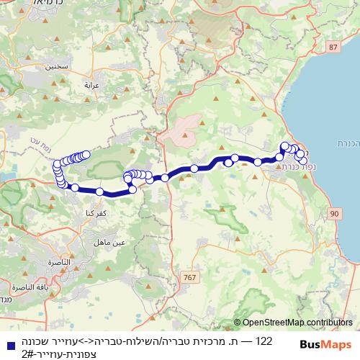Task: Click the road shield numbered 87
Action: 331,47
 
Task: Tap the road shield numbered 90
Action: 334,214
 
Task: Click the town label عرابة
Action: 91,85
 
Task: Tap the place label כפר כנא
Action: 87,215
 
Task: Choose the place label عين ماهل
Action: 114,243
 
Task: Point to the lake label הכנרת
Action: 348,143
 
